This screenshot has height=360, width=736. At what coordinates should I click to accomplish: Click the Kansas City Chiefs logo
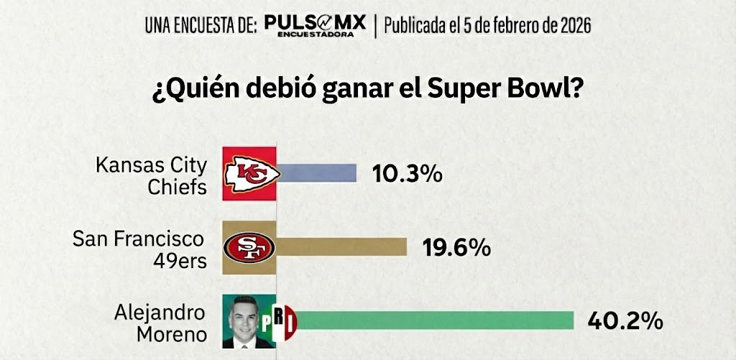pos(249,173)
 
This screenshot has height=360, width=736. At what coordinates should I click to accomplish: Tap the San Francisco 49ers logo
pos(249,247)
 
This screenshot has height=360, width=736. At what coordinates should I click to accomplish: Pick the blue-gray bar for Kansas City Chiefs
pos(316,173)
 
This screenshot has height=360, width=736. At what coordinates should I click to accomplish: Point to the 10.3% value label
pos(407,174)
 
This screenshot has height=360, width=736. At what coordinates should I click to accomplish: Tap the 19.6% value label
pos(456,248)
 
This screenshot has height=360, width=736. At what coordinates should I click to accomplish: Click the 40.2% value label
pos(625,321)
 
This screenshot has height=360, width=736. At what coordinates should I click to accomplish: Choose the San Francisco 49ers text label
pos(139,249)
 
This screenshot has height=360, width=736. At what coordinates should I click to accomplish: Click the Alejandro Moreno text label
pos(160,323)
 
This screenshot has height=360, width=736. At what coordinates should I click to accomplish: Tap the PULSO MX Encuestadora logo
pos(315,27)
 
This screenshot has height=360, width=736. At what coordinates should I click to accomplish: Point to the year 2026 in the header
pos(572,27)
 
